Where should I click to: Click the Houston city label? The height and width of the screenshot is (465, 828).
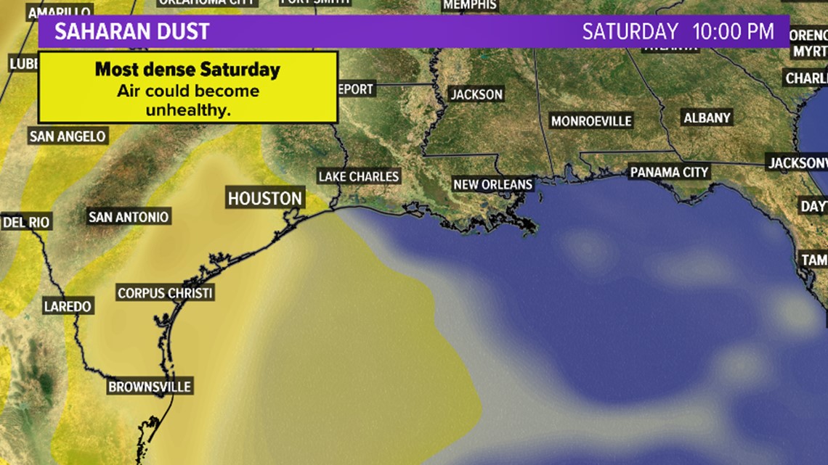264,198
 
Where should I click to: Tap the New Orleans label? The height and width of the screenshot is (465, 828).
492,184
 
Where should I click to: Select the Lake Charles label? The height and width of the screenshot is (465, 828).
359,176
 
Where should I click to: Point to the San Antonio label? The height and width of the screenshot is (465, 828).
129,217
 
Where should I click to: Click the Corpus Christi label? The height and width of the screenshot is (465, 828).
165,293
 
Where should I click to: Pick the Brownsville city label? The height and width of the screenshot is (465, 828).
150,387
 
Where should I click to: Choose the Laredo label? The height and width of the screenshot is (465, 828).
68,306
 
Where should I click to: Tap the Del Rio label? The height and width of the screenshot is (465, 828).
27,222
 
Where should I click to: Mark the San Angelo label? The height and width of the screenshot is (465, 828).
68,136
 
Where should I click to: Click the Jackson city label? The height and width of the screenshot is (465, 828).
476,94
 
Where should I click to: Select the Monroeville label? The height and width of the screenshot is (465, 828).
591,121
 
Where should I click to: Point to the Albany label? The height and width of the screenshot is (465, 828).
707,118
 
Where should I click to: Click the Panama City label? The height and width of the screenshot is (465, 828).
669,172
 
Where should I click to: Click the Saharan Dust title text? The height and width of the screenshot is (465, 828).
132,32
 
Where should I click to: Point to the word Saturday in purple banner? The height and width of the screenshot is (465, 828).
630,32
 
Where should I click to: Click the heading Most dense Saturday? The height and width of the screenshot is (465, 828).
187,70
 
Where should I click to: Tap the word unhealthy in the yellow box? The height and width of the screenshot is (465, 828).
187,110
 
